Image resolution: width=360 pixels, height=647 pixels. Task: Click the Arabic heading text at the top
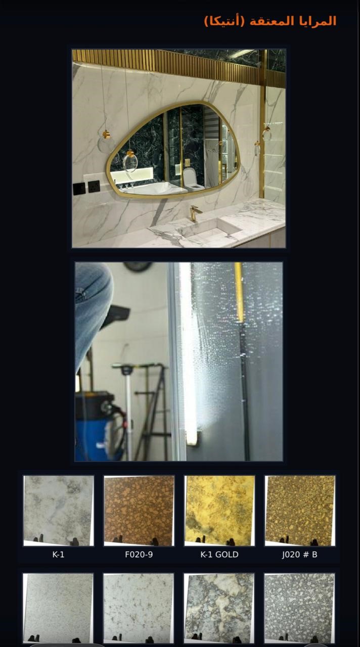pos(270,21)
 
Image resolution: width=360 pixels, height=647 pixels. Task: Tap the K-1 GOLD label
pos(219,554)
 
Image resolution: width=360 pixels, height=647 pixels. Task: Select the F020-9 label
pos(139,554)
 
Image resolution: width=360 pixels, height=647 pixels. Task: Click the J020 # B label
pos(300,554)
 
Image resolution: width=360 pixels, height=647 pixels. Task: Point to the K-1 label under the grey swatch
pos(58,554)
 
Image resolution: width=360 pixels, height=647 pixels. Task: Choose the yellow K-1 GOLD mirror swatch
pos(219,511)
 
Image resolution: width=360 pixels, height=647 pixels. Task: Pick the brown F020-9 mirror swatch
pos(139,511)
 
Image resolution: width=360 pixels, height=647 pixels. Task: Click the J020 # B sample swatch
pos(300,511)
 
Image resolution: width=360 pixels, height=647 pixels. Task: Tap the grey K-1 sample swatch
pos(59,511)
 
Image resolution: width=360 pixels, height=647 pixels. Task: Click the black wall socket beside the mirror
pos(94,187)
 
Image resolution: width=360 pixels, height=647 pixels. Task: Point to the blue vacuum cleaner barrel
pos(97,426)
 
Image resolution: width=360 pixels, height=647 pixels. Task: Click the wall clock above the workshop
pos(138,266)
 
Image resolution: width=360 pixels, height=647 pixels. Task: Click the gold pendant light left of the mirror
pos(106,134)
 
